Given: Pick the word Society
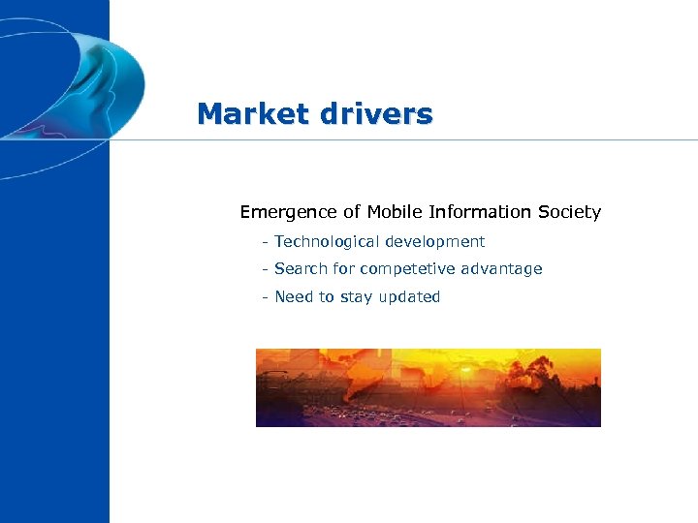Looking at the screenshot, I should (x=569, y=212).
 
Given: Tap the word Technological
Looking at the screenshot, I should (x=327, y=241).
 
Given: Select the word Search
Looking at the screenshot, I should (x=300, y=269).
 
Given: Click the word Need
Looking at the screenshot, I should (x=293, y=297).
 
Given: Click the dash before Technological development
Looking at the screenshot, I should (x=264, y=241).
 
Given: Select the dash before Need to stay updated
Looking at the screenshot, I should (x=264, y=297).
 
